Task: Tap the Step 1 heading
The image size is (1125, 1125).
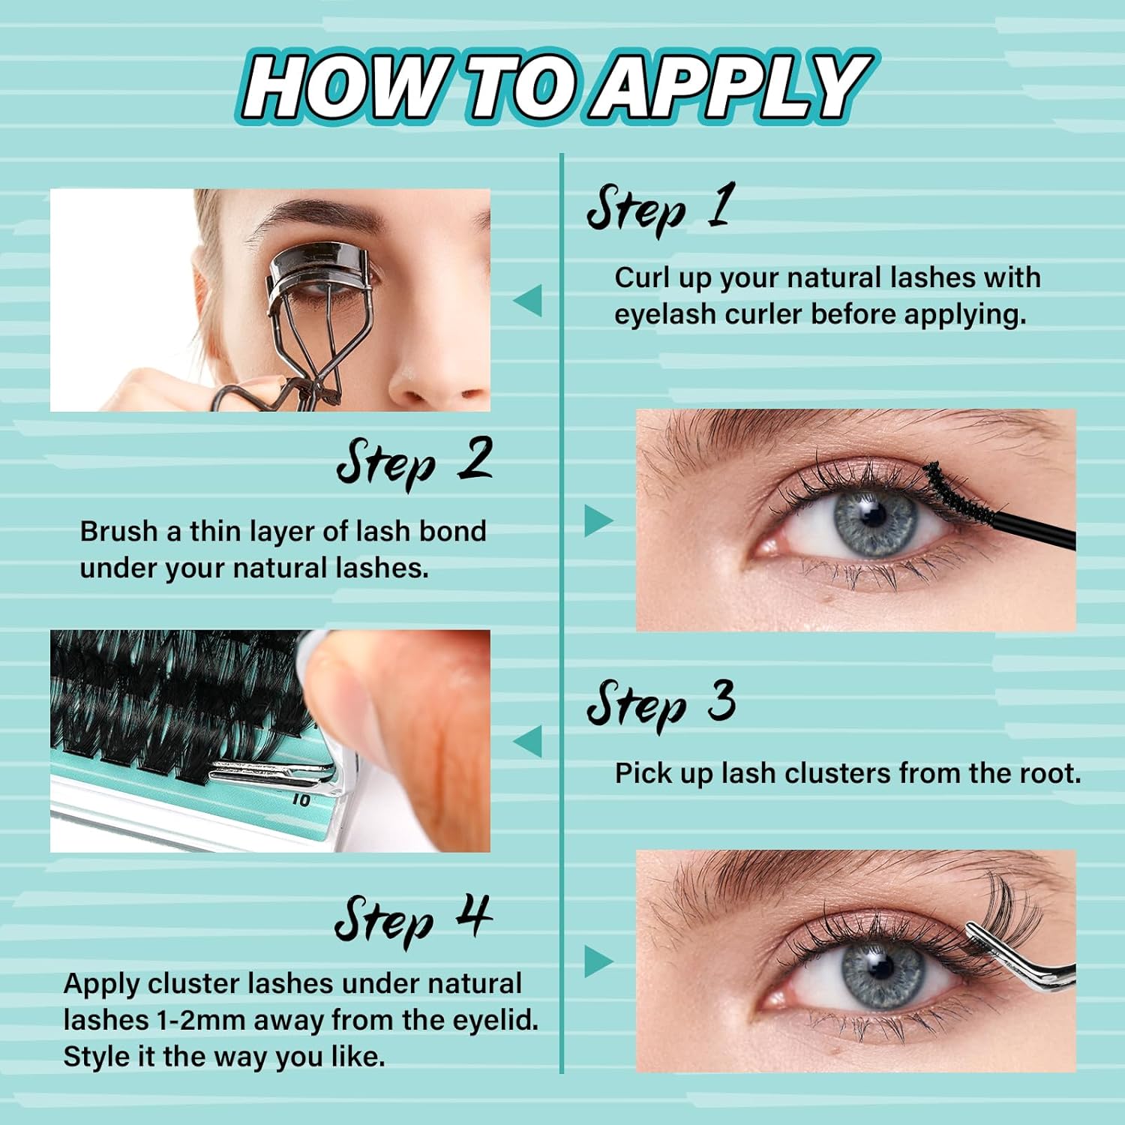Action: click(x=659, y=208)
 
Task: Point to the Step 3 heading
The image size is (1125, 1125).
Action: click(x=661, y=704)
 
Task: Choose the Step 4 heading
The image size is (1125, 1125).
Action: click(x=413, y=919)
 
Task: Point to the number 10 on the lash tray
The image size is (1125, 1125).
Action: click(x=301, y=800)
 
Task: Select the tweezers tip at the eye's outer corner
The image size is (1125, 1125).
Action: click(x=972, y=930)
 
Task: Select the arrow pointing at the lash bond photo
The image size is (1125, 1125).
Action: click(x=598, y=520)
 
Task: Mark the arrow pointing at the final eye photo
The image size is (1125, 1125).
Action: click(x=598, y=961)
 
